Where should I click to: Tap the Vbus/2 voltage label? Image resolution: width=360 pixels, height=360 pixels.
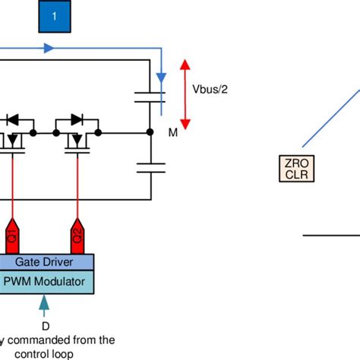tap(210, 89)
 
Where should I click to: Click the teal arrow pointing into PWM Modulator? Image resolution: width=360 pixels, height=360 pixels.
tap(44, 304)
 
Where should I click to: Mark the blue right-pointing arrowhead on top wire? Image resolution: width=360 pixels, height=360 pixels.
tap(50, 48)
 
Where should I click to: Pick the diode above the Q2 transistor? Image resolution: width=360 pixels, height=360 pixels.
tap(76, 119)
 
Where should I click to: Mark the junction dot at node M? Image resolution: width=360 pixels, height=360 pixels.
tap(150, 133)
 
